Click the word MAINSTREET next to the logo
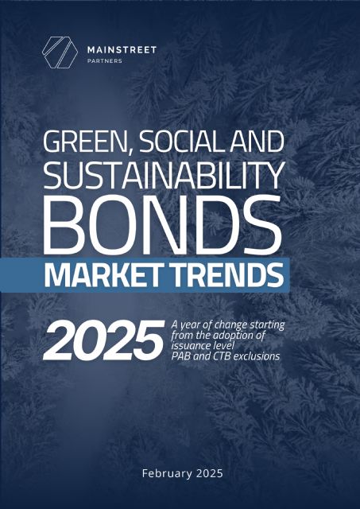(x=122, y=49)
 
